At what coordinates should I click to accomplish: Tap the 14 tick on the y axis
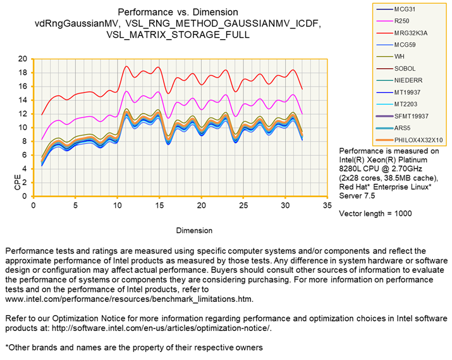[23, 100]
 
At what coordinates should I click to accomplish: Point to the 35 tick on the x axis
[327, 205]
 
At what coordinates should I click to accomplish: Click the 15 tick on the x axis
[159, 205]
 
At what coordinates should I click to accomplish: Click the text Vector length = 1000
[375, 213]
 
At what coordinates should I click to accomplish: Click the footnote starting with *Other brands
[133, 347]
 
